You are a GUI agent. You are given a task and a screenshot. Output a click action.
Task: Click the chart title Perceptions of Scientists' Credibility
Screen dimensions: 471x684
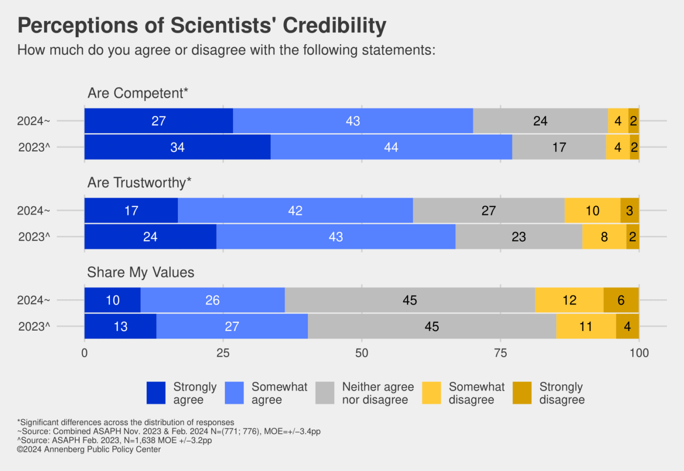point(202,25)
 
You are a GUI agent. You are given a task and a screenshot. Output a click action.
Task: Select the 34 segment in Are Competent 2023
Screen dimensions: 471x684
point(177,147)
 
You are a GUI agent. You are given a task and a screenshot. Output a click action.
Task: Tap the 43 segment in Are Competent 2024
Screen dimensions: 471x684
point(353,121)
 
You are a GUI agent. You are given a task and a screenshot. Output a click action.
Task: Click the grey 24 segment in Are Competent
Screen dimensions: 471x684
point(540,121)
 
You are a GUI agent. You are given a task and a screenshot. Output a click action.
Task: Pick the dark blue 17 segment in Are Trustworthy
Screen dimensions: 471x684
point(131,211)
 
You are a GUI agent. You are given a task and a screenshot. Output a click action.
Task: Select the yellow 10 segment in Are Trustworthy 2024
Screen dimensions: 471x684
point(592,211)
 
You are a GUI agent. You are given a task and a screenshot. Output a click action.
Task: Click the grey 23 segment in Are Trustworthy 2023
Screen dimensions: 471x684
point(518,237)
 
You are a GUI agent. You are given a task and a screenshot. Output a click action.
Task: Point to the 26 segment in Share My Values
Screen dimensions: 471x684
point(213,300)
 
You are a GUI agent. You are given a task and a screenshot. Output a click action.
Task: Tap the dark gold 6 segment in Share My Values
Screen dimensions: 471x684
point(621,300)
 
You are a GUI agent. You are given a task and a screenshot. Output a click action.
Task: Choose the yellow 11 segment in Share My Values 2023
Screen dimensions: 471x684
point(586,326)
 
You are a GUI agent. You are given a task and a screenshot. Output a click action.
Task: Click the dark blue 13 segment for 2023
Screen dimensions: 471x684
point(120,326)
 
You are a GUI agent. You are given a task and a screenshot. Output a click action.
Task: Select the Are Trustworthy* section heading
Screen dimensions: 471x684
point(139,182)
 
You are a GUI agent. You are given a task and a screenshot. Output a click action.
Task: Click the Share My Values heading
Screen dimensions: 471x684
point(141,272)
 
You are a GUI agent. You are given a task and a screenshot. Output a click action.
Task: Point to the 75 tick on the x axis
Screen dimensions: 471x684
point(500,353)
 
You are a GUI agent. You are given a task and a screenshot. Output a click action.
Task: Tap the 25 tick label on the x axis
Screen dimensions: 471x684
point(223,353)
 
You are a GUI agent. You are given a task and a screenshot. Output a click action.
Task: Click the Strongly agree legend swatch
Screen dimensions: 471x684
point(156,393)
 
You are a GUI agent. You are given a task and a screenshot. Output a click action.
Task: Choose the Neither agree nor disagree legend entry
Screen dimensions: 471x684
point(378,393)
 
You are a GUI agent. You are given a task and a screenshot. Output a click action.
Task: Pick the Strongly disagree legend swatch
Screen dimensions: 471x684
point(522,393)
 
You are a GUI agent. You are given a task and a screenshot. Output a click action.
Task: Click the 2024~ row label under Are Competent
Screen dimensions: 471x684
point(33,121)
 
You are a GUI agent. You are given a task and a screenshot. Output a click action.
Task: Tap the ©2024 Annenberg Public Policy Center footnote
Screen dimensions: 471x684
point(89,449)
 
